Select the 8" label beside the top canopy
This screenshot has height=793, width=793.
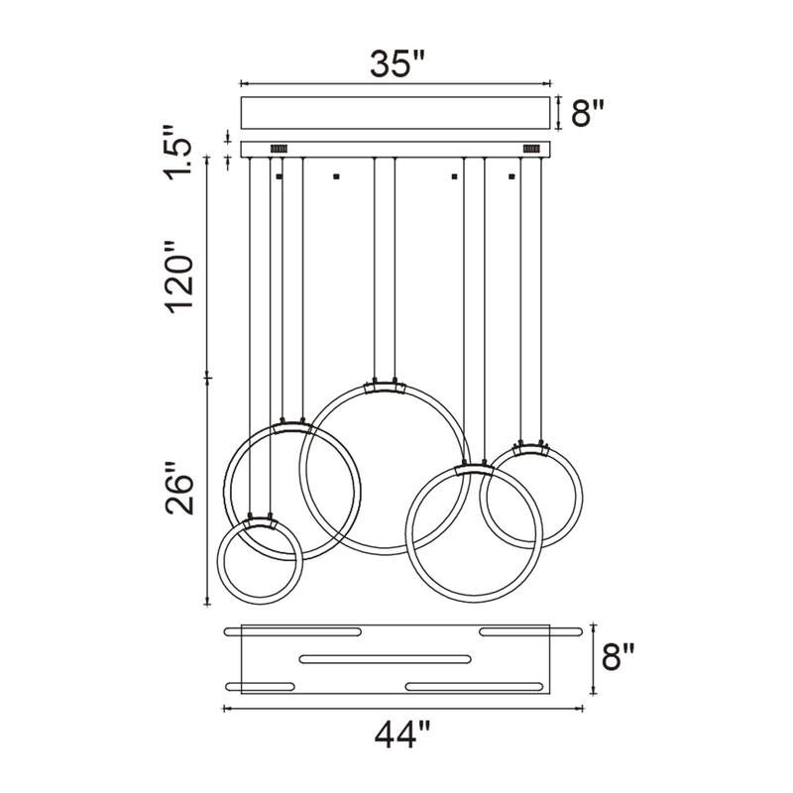587,112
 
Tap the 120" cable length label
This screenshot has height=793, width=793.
180,283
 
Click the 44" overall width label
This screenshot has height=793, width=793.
402,736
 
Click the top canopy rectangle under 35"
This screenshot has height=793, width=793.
396,112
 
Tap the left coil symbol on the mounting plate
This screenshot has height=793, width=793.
278,149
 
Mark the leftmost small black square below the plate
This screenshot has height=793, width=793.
280,176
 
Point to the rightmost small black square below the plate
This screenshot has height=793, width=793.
512,176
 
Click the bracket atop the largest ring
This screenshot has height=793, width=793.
385,386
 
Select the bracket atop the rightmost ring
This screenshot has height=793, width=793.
530,447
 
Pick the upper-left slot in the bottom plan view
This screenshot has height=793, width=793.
283,630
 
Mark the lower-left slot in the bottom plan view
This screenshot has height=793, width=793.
261,685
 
